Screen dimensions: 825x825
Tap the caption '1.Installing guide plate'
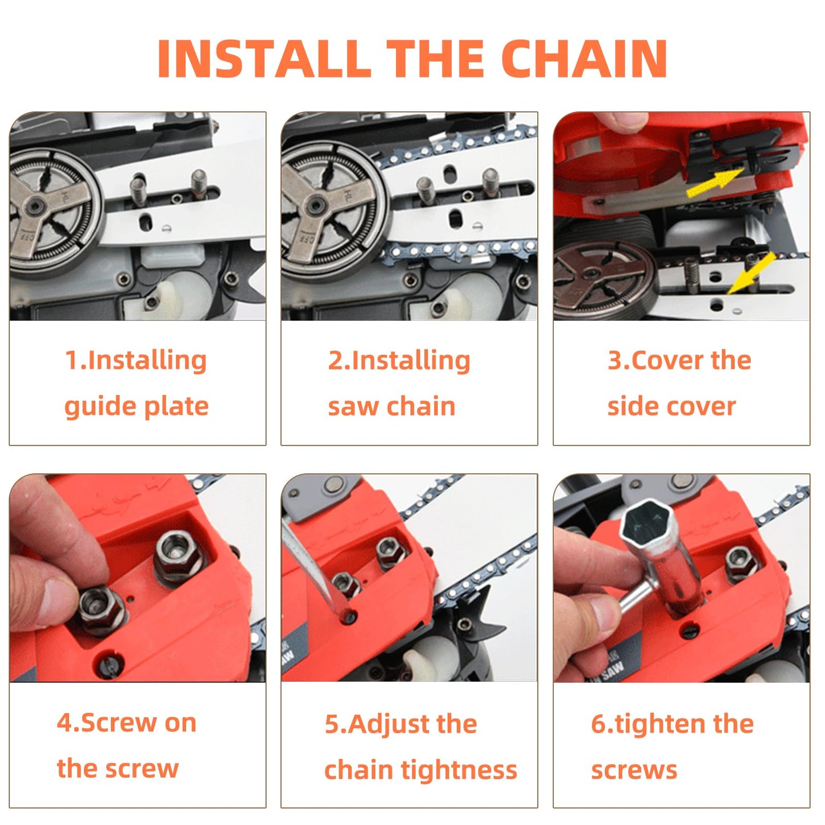136,383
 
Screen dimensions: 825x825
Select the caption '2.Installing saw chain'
399,383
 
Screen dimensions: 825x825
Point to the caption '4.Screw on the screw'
127,745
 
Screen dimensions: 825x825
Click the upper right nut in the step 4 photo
176,553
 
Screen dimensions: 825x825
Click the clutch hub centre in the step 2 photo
316,204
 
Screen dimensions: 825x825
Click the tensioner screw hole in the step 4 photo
108,663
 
